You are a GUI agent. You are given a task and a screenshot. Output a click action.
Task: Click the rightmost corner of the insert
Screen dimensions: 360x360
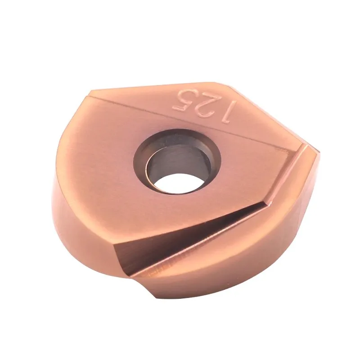(319, 153)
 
